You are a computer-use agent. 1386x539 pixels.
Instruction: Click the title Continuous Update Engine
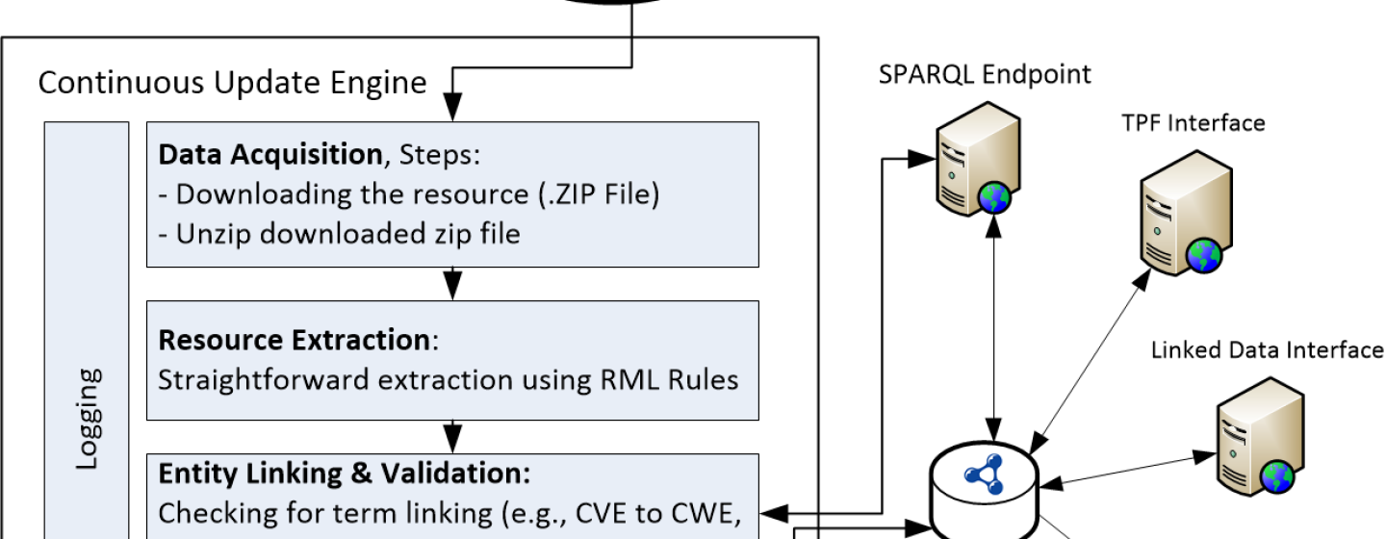232,83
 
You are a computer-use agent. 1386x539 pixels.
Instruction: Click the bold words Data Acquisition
270,154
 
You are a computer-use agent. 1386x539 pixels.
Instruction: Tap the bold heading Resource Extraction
295,340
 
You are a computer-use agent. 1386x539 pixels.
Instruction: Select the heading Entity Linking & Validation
344,474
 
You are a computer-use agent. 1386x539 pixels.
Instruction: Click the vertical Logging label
88,419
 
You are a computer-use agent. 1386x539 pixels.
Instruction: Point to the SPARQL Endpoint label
985,74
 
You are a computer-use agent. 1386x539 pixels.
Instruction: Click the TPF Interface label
1193,123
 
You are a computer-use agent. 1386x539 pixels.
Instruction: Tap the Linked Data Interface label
1268,350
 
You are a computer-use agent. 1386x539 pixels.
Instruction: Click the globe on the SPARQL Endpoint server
994,198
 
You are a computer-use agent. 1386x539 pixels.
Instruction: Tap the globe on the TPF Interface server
1204,256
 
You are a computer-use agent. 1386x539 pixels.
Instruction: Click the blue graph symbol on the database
985,475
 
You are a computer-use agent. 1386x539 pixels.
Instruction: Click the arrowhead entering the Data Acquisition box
453,108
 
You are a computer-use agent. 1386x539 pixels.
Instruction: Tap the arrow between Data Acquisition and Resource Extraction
453,284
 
